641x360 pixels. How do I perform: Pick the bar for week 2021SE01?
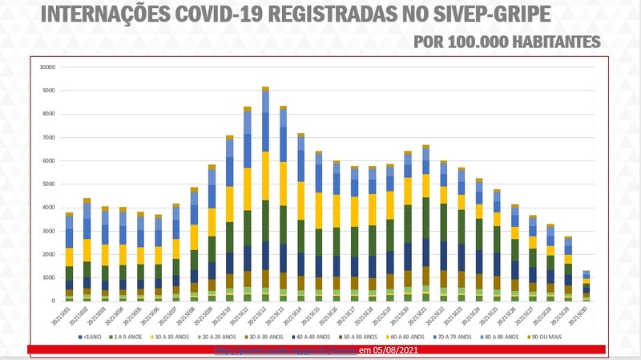pyautogui.click(x=70, y=257)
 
